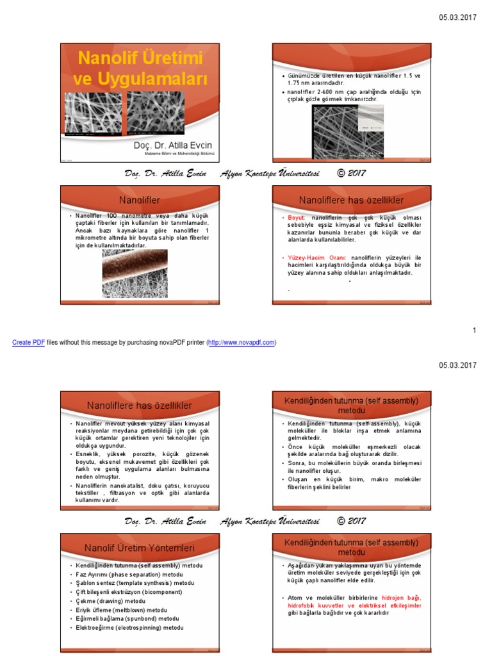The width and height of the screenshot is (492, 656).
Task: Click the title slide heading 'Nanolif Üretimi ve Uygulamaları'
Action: [x=140, y=69]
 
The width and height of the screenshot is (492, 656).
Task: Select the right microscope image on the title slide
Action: [x=156, y=113]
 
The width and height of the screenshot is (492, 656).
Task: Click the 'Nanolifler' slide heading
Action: [x=140, y=200]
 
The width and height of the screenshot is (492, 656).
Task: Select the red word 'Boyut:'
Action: [x=297, y=218]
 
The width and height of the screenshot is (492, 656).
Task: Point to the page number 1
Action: [x=474, y=331]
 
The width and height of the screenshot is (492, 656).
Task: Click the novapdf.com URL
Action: [x=242, y=343]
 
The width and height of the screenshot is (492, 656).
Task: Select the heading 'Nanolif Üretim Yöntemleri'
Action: [x=140, y=548]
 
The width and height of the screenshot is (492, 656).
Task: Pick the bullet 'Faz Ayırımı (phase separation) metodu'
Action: [x=129, y=575]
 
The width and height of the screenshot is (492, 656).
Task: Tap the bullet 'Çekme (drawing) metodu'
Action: [x=110, y=602]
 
